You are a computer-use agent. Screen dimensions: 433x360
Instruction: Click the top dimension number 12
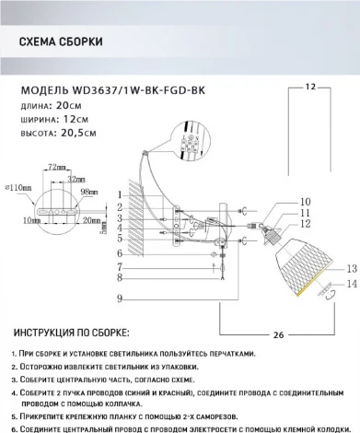tap(310, 86)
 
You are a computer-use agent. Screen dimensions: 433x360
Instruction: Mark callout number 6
tap(120, 252)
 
